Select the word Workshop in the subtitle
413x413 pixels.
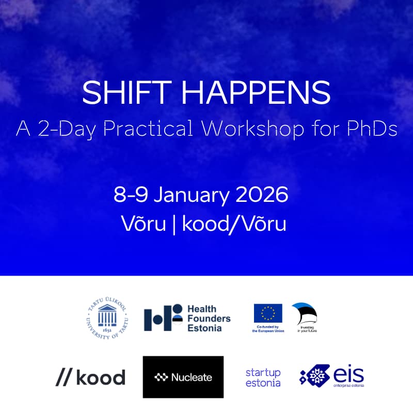click(253, 129)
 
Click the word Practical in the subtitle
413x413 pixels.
click(149, 129)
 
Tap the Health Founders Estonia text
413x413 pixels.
click(209, 318)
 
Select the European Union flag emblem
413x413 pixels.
click(268, 313)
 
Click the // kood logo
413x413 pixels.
click(90, 377)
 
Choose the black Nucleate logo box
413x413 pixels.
click(183, 377)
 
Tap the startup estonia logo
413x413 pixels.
click(263, 378)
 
